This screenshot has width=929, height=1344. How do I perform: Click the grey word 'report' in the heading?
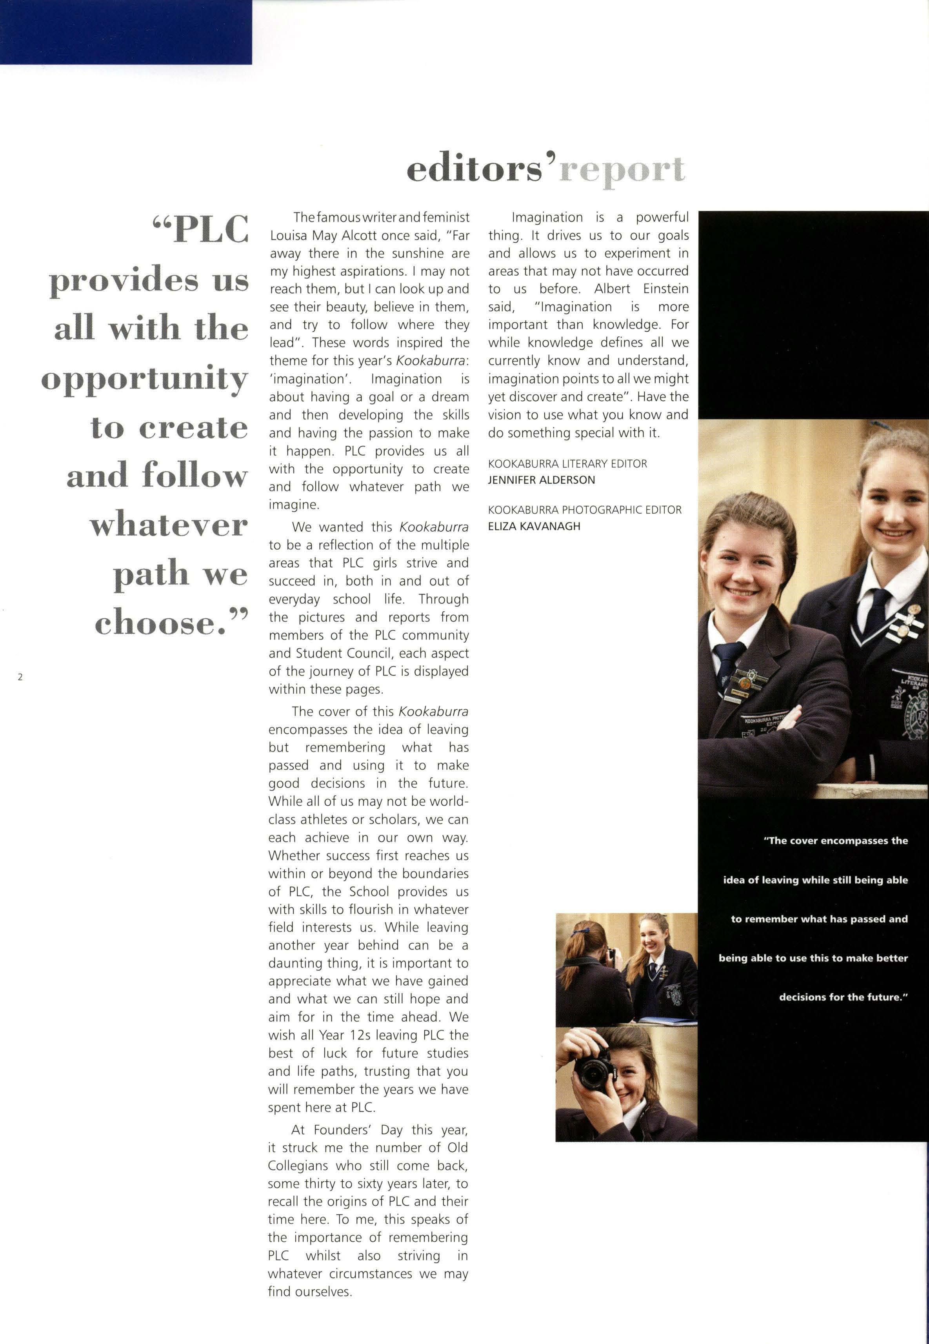[x=622, y=171]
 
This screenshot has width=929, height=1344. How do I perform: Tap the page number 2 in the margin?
[x=20, y=677]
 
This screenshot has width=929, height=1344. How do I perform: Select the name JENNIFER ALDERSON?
[x=541, y=480]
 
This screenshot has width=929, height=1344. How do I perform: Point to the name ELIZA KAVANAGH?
[x=534, y=526]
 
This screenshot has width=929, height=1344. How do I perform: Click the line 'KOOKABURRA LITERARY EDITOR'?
[x=567, y=464]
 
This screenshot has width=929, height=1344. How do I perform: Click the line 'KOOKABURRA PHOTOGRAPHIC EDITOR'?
[x=584, y=510]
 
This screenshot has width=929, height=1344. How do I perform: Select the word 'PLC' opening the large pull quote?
[x=211, y=229]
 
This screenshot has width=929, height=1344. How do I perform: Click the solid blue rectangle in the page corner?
[x=126, y=32]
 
